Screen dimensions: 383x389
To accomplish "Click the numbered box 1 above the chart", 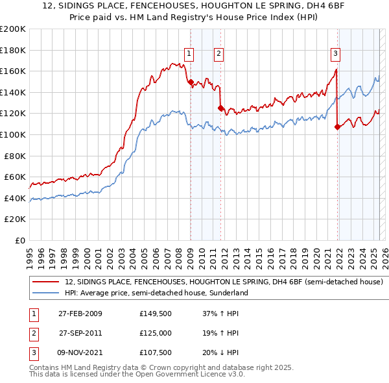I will tap(189, 54).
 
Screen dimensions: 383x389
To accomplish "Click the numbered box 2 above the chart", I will tap(219, 54).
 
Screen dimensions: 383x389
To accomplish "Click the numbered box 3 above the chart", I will tap(335, 54).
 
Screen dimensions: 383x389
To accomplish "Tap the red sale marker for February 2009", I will tap(191, 82).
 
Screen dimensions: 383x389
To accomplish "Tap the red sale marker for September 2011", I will tap(221, 108).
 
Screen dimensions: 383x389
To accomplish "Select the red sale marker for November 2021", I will tap(337, 127).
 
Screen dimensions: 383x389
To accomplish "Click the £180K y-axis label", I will tap(14, 50).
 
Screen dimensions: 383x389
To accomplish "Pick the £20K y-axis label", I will tap(16, 219).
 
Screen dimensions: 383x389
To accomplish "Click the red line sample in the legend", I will tap(47, 282).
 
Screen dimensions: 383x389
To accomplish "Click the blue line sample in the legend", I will tap(47, 293).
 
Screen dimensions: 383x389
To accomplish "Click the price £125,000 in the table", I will tap(156, 333).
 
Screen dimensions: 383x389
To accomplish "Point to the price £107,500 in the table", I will tap(156, 352).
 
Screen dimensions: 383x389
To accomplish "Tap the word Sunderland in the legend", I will tap(227, 293).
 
